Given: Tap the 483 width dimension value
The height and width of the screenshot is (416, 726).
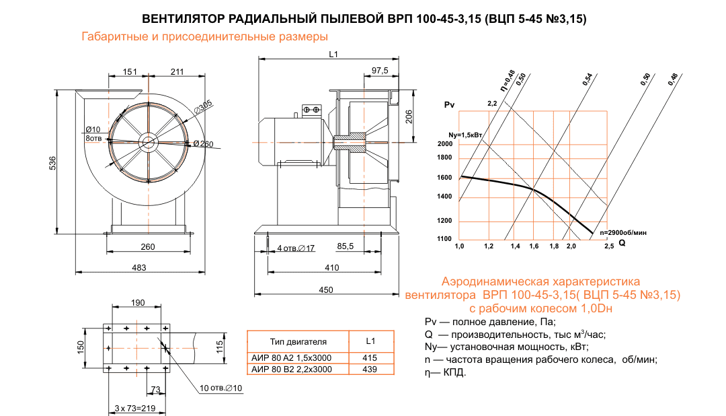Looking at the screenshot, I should (138, 267).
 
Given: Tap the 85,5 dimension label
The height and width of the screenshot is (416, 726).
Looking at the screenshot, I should (346, 247).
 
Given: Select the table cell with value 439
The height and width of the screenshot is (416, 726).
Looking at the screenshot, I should (370, 370).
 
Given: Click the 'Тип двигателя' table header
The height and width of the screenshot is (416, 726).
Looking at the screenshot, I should (298, 341).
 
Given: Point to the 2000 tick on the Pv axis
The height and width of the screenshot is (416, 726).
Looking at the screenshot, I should (444, 144).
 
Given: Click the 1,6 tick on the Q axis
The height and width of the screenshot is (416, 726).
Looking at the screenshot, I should (534, 247).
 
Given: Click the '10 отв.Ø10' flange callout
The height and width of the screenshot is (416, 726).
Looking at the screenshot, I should (220, 389).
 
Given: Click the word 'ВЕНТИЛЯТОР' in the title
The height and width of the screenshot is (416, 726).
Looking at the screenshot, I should (182, 19).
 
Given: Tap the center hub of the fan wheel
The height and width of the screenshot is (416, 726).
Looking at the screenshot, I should (148, 141).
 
